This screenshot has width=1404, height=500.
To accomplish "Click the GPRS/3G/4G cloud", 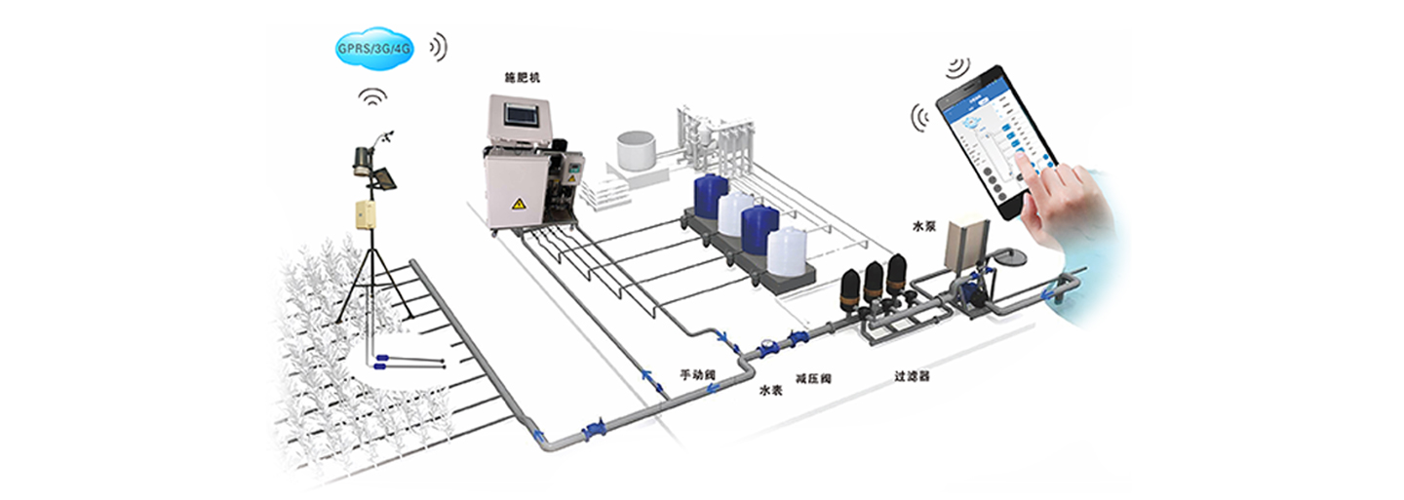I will pyautogui.click(x=374, y=49).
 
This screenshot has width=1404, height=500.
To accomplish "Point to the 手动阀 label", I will pyautogui.click(x=698, y=373).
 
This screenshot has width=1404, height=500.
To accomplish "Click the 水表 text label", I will pyautogui.click(x=771, y=390).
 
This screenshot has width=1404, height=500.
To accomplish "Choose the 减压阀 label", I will pyautogui.click(x=813, y=377).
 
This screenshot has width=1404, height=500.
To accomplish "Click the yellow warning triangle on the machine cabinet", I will pyautogui.click(x=520, y=204).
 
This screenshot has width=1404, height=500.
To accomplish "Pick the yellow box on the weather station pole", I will pyautogui.click(x=365, y=212).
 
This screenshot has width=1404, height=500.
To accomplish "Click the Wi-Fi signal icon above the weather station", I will pyautogui.click(x=372, y=97).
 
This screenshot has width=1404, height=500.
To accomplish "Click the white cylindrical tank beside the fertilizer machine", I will pyautogui.click(x=639, y=149).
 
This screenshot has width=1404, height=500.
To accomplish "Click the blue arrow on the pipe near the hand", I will pyautogui.click(x=1050, y=292).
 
